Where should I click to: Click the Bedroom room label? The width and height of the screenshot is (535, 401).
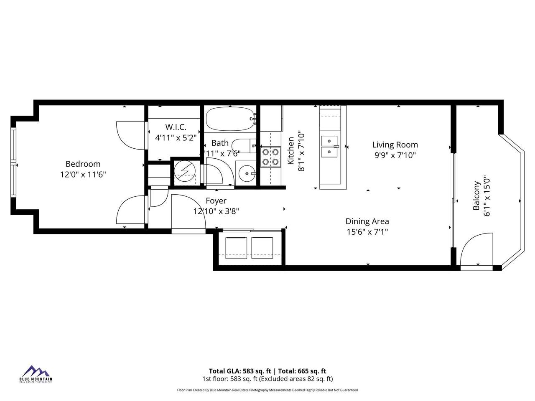[x=83, y=164]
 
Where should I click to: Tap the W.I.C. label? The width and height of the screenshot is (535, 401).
[x=176, y=127]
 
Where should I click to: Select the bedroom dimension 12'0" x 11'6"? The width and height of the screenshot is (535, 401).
[x=83, y=175]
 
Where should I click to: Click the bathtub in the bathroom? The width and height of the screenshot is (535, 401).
[x=230, y=119]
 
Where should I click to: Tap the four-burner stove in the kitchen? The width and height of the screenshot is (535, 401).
[x=270, y=157]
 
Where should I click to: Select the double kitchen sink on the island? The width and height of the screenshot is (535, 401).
[x=329, y=147]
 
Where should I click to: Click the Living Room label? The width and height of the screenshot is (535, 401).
[x=395, y=145]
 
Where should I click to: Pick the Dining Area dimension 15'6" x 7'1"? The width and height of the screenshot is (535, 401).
[x=367, y=232]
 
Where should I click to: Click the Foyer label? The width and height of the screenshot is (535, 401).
[x=216, y=201]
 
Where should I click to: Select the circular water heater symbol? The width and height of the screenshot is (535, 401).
[x=183, y=171]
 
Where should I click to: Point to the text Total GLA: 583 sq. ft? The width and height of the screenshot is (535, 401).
[x=240, y=371]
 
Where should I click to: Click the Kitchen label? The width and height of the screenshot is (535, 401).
[x=291, y=151]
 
